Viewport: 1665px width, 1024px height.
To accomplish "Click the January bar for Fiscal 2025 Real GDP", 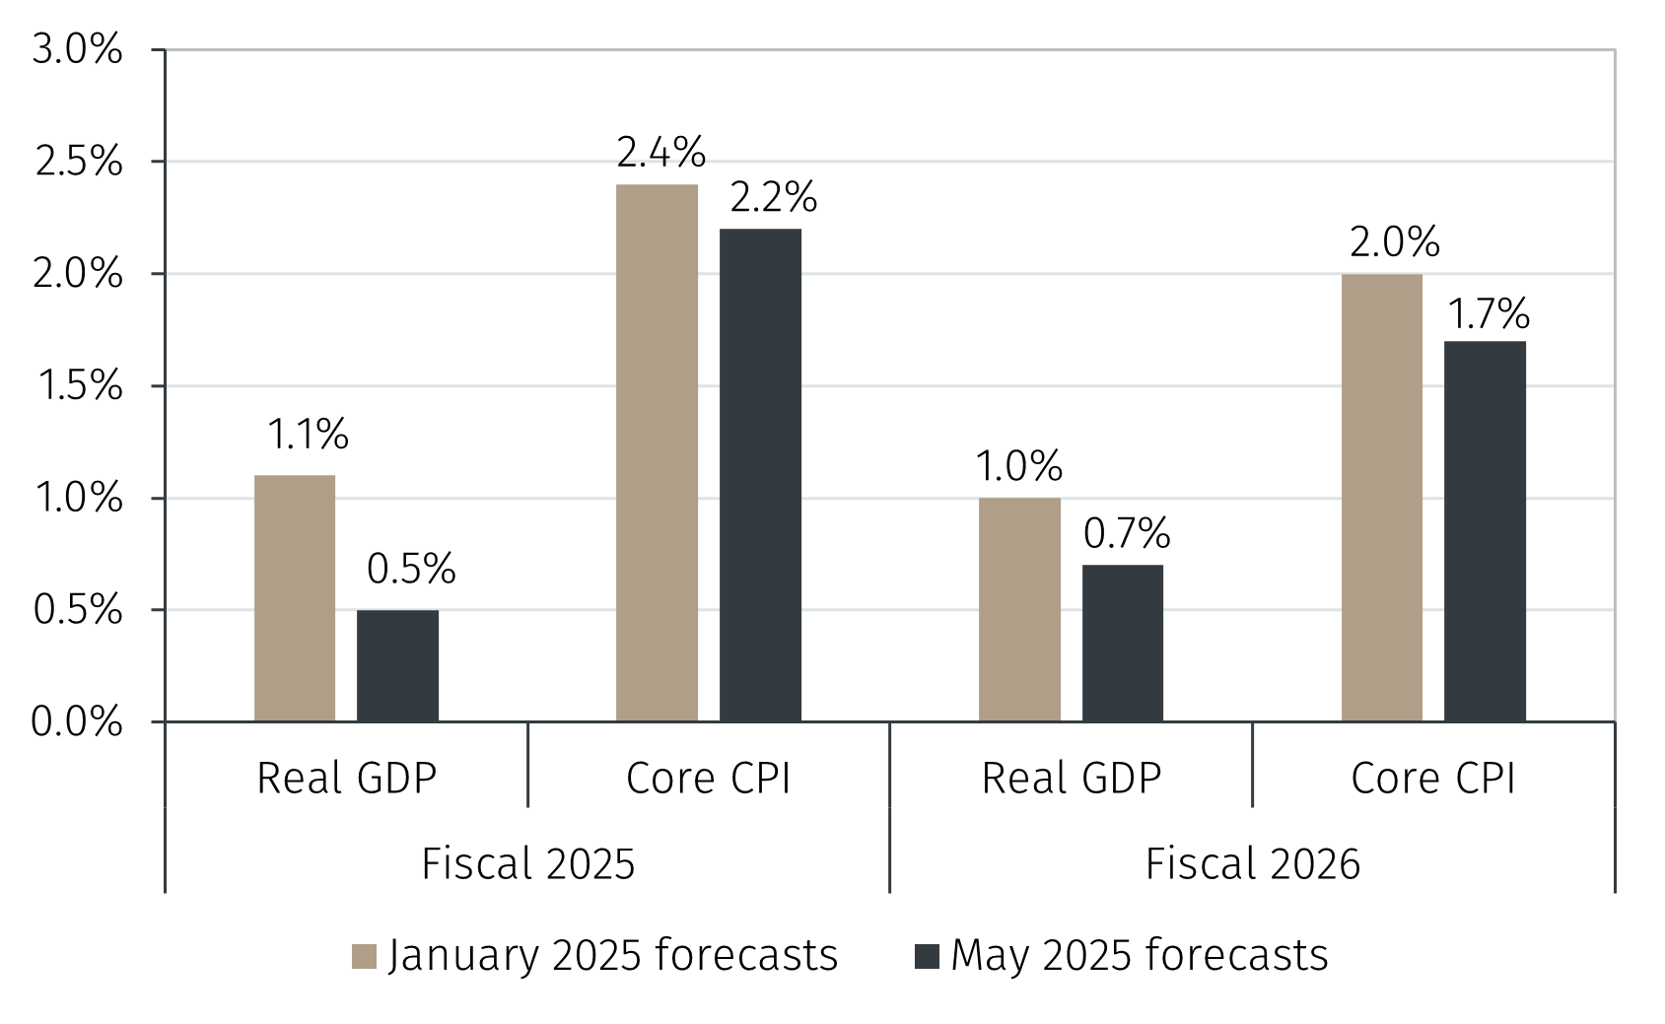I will click(295, 598).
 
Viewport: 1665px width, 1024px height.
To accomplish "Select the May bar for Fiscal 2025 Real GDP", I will click(397, 665).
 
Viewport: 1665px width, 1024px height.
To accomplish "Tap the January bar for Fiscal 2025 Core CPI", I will click(657, 452).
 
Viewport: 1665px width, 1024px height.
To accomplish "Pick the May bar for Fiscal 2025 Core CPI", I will click(760, 475).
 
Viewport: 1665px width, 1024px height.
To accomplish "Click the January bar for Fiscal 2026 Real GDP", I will click(1019, 609).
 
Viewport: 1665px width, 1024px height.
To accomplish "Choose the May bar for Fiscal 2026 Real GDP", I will click(1122, 643).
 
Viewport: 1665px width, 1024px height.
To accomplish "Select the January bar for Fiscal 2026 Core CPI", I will click(1381, 498).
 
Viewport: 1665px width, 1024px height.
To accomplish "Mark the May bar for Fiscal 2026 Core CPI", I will click(1485, 531).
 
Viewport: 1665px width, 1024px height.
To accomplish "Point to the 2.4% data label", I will click(661, 153).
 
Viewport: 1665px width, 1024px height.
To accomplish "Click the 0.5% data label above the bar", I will click(411, 569).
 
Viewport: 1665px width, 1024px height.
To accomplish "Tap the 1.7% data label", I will click(1489, 314).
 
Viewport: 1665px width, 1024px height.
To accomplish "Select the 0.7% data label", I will click(1127, 534).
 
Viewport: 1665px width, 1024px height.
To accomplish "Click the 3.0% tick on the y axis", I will click(78, 49).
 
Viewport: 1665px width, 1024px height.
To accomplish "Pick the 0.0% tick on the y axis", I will click(77, 722).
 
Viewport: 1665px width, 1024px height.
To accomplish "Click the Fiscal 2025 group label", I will click(527, 864).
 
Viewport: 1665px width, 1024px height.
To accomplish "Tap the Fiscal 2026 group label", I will click(1252, 864).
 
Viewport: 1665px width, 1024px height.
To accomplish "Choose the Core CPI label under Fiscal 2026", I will click(1432, 779).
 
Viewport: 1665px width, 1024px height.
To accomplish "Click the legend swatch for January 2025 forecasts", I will click(364, 956).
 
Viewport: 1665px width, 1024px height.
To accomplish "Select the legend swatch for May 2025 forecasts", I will click(927, 956).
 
